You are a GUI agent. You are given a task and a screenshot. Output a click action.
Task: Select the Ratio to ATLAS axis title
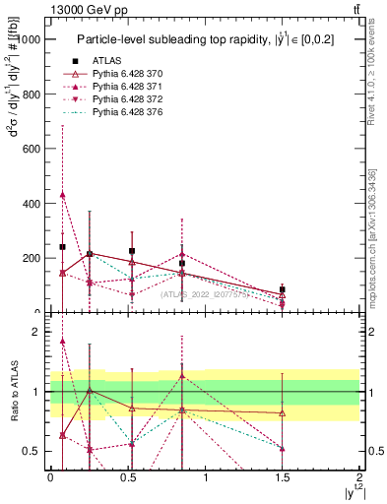(x=14, y=394)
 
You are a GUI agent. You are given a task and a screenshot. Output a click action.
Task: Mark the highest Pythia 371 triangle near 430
(x=62, y=195)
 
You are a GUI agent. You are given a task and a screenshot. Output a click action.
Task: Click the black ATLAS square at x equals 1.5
(x=283, y=289)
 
